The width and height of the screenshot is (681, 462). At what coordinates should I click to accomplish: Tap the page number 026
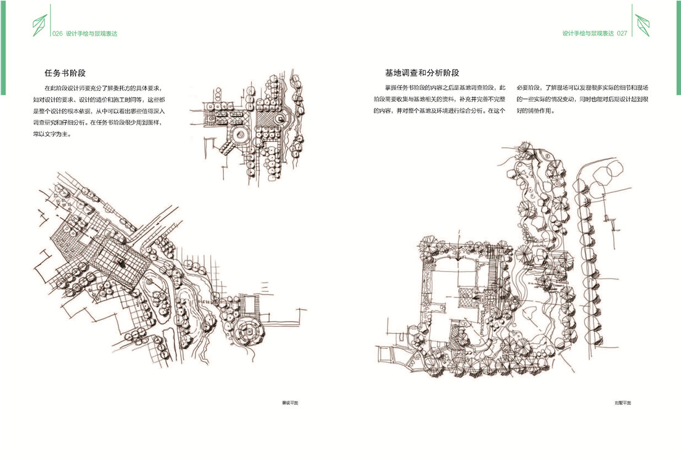coord(59,34)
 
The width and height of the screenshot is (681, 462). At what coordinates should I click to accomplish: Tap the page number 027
coord(621,34)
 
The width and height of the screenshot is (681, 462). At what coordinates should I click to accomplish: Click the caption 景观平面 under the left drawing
coord(290,403)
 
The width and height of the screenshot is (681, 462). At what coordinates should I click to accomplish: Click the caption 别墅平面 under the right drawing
coord(623,403)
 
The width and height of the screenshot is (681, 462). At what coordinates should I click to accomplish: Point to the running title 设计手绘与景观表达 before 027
coord(588,34)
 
